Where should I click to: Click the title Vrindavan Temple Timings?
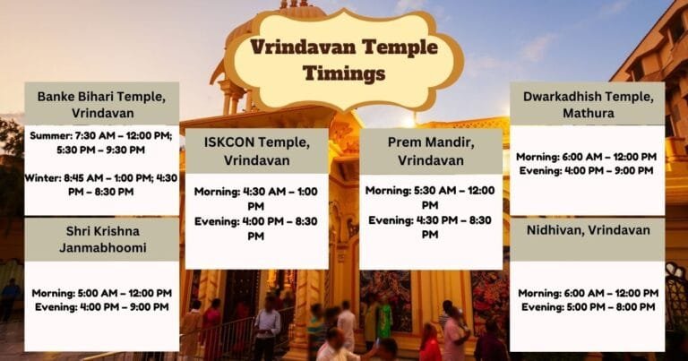344,59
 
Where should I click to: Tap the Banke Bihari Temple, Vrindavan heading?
100,104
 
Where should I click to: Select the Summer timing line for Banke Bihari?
100,142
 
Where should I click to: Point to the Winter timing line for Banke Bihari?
100,184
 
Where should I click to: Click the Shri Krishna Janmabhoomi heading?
100,238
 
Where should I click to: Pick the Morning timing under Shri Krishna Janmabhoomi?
101,293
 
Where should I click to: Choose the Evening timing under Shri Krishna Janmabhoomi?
101,306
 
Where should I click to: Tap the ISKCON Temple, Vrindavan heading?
257,151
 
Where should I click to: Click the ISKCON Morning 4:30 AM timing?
256,198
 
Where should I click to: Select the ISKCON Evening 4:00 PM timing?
256,228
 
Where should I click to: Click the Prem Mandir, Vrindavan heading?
430,151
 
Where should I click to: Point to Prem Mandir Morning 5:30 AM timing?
430,197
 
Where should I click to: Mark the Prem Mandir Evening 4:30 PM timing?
430,227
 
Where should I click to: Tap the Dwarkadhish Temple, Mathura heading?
588,104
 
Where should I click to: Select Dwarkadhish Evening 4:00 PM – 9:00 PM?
587,170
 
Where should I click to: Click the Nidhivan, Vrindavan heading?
588,230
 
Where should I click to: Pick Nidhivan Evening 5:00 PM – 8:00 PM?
587,306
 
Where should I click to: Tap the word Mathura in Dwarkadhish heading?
588,114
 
